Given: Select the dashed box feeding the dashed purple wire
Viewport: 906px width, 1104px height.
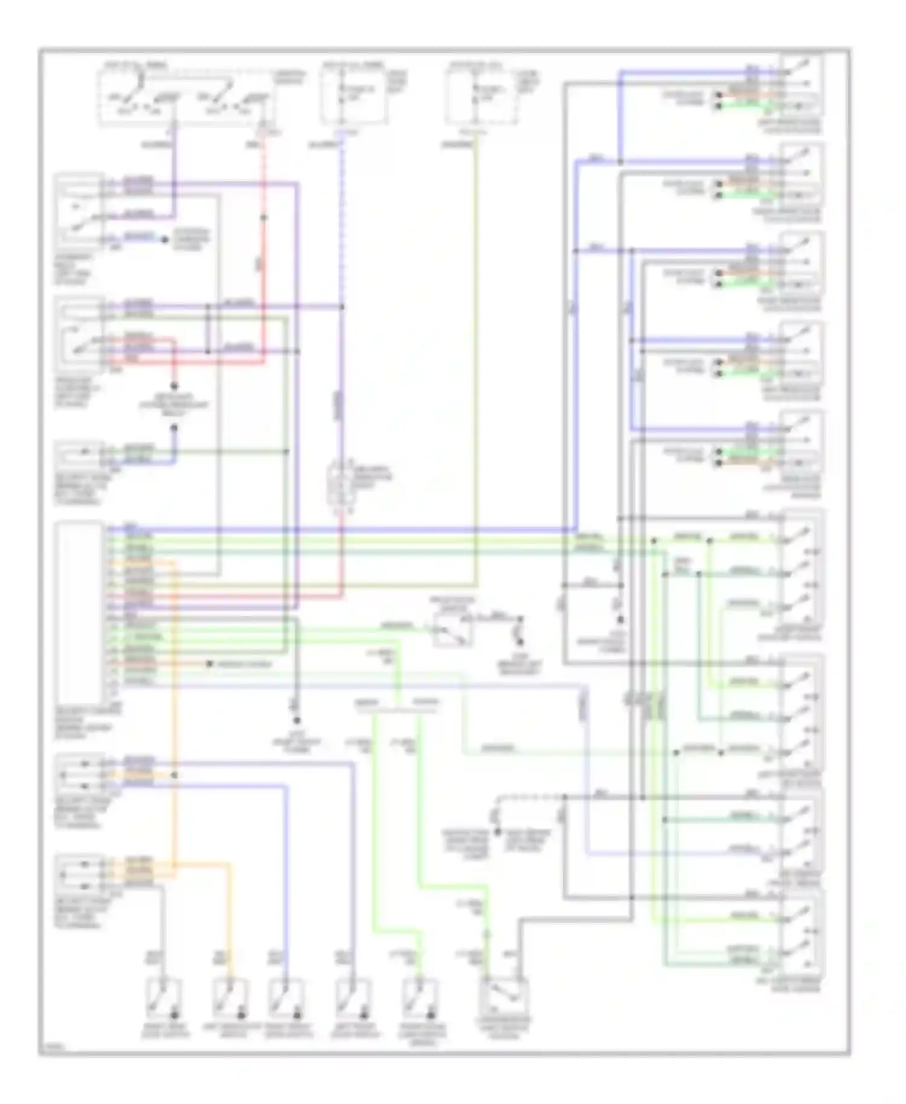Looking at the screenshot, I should click(354, 97).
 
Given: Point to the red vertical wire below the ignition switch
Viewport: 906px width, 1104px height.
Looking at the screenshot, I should click(264, 254).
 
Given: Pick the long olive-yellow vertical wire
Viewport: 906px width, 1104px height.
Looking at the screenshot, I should click(476, 362).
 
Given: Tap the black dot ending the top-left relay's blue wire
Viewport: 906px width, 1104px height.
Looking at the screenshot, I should click(165, 240).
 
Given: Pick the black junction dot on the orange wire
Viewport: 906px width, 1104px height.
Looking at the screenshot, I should click(175, 775).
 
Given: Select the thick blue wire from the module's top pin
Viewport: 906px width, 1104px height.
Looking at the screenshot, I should click(338, 530).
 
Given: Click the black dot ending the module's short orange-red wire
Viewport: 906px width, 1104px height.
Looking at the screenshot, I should click(209, 664).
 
